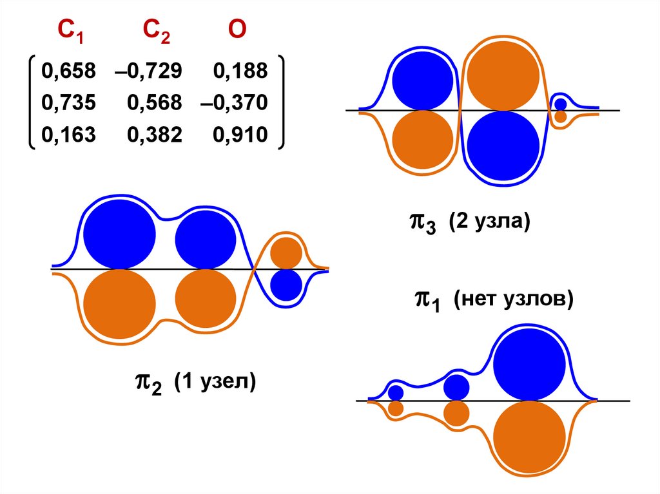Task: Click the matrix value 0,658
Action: point(68,71)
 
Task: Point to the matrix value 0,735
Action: point(68,102)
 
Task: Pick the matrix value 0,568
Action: point(156,102)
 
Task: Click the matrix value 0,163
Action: point(68,134)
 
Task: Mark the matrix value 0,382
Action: point(156,134)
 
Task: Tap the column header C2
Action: point(156,33)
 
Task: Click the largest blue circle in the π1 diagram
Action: point(530,364)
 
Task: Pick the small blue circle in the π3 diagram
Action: point(561,103)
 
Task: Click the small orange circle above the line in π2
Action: point(286,253)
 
